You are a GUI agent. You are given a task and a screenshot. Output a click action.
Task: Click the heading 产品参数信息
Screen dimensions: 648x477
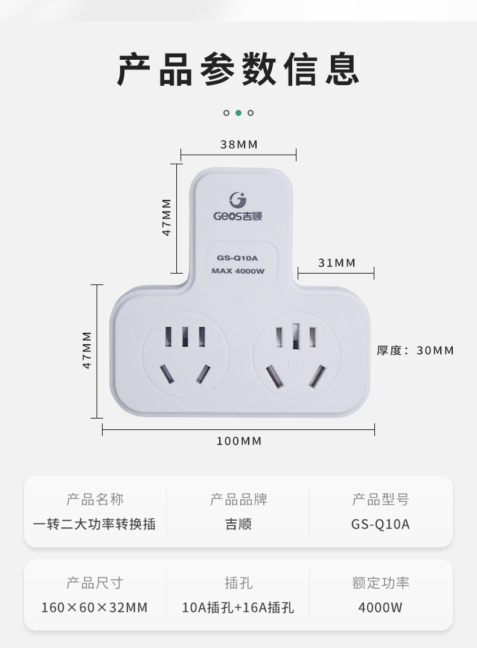[x=238, y=69]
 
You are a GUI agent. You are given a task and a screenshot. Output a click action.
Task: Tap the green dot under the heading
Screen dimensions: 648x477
[x=238, y=112]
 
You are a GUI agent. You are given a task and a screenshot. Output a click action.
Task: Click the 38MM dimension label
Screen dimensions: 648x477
[x=238, y=144]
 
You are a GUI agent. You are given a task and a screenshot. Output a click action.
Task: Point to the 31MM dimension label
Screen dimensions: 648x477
[x=336, y=263]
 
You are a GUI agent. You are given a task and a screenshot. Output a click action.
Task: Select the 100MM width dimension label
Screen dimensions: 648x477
[x=239, y=441]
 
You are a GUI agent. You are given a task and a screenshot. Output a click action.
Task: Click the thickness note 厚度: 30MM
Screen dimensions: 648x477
[x=415, y=350]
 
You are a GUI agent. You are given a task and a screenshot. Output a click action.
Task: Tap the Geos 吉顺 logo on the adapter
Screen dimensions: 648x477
[x=238, y=207]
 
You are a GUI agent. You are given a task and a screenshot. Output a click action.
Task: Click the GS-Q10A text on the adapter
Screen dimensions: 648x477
[x=238, y=258]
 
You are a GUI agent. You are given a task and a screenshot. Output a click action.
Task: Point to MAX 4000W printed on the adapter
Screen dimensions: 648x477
[x=238, y=271]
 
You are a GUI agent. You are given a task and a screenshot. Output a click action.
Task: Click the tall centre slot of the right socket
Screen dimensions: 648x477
[x=296, y=336]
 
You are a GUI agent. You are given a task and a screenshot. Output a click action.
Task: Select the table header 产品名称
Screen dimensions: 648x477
[x=95, y=499]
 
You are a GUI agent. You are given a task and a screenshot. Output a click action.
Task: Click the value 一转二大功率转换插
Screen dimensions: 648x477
[x=95, y=524]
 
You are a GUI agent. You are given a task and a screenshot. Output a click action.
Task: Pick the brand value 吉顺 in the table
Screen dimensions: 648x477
[x=238, y=524]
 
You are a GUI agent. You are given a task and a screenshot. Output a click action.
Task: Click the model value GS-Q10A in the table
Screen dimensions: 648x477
[x=380, y=524]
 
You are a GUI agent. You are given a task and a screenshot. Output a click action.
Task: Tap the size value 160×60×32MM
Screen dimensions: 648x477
[x=95, y=607]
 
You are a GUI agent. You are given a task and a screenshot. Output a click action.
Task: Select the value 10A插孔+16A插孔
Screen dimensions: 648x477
[x=238, y=607]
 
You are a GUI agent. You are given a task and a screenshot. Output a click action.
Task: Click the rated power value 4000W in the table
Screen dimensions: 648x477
[x=380, y=607]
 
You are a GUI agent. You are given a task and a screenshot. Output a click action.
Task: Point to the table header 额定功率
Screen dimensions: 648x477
[x=380, y=583]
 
